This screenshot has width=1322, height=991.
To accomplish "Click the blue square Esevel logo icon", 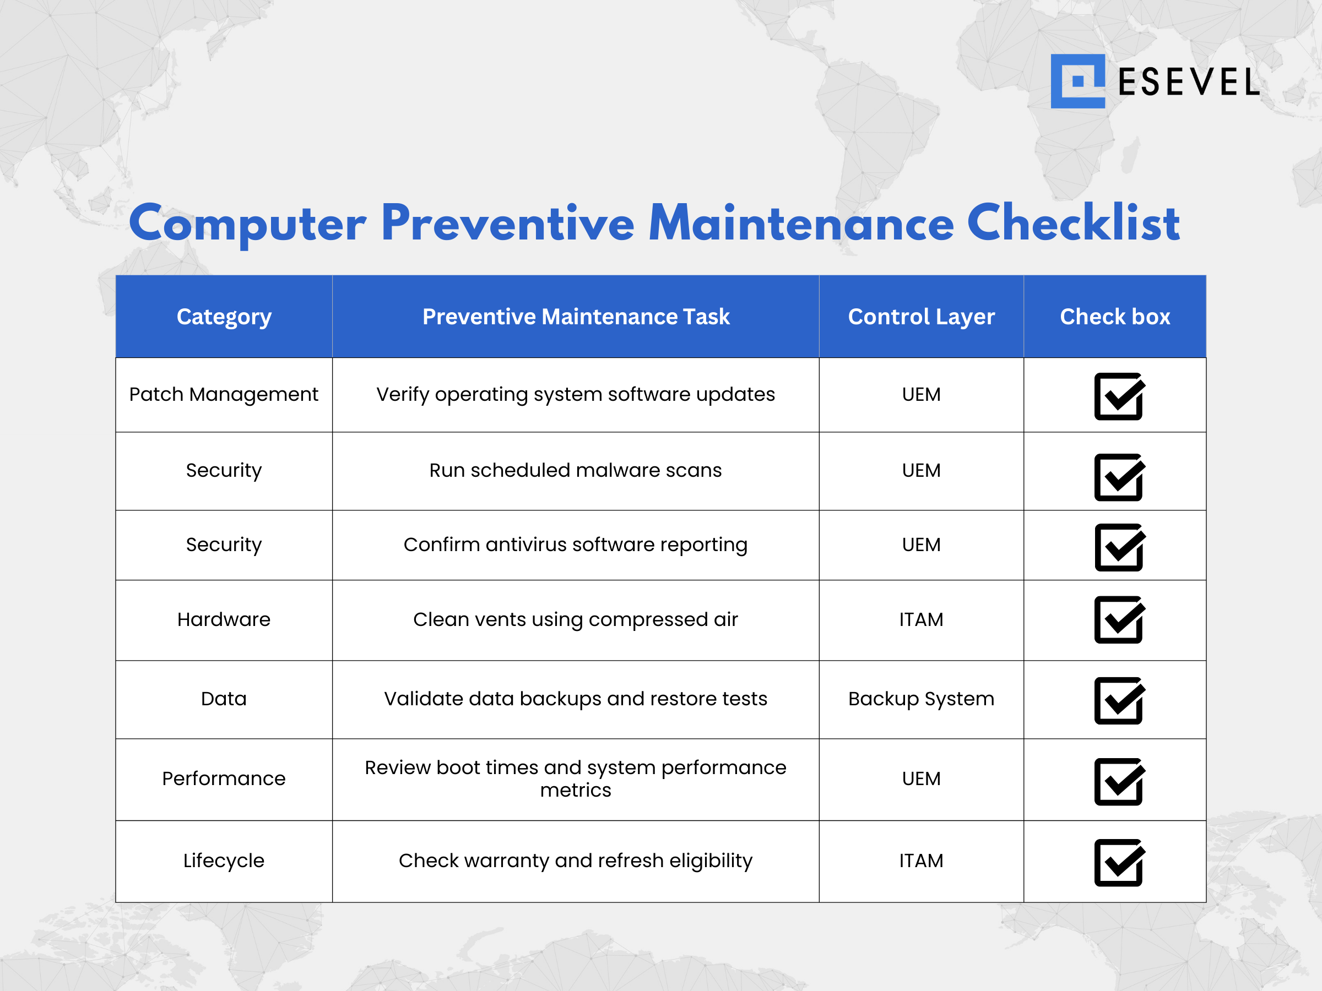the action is pos(1077,81).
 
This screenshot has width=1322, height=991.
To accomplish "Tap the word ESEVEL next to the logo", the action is pos(1188,82).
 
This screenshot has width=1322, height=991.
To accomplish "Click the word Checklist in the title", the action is pos(1074,223).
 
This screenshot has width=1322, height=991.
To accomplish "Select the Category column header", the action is pos(224,317).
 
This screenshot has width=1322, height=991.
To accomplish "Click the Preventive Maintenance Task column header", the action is pos(576,317).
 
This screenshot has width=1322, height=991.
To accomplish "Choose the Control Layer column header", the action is pos(921,317).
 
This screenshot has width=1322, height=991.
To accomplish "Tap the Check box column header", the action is pos(1115,317).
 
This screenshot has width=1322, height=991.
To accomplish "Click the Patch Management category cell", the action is pos(224,395).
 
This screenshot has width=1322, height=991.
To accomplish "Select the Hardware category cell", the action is pos(224,619).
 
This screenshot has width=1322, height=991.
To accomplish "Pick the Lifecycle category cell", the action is pos(224,861).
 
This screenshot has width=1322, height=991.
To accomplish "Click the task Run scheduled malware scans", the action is pos(576,471).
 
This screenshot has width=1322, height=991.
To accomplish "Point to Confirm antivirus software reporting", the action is pos(576,546).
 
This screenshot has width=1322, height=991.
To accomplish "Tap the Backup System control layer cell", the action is pos(921,699).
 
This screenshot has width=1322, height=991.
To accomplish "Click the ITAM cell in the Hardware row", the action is pos(921,619).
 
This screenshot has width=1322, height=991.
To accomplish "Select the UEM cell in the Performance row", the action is pos(921,779).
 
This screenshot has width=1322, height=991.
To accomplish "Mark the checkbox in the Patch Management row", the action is pos(1119,396).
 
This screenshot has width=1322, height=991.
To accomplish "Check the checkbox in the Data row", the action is pos(1119,701).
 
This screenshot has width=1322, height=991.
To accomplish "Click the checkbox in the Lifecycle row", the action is pos(1119,863).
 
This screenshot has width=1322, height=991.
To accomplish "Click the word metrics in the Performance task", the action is pos(576,790).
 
